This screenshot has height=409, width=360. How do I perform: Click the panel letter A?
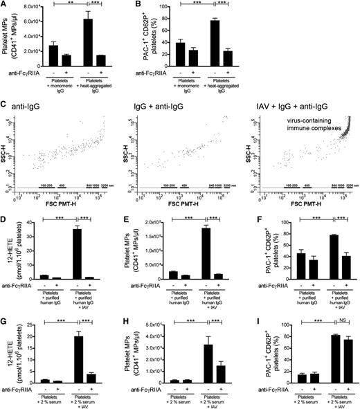(x=4, y=6)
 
